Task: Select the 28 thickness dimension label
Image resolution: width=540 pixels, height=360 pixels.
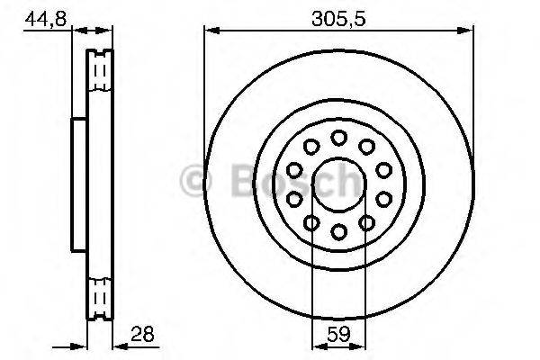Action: coord(140,334)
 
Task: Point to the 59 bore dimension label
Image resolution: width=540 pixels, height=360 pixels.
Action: coord(338,334)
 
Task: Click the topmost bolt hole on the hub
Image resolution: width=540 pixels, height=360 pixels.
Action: coord(338,138)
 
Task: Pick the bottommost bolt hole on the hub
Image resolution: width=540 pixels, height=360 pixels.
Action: coord(338,231)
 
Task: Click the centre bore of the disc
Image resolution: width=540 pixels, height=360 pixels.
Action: coord(338,184)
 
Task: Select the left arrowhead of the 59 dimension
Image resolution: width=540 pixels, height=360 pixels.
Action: coord(316,344)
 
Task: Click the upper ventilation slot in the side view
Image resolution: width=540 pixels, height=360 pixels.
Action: coord(102,69)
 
